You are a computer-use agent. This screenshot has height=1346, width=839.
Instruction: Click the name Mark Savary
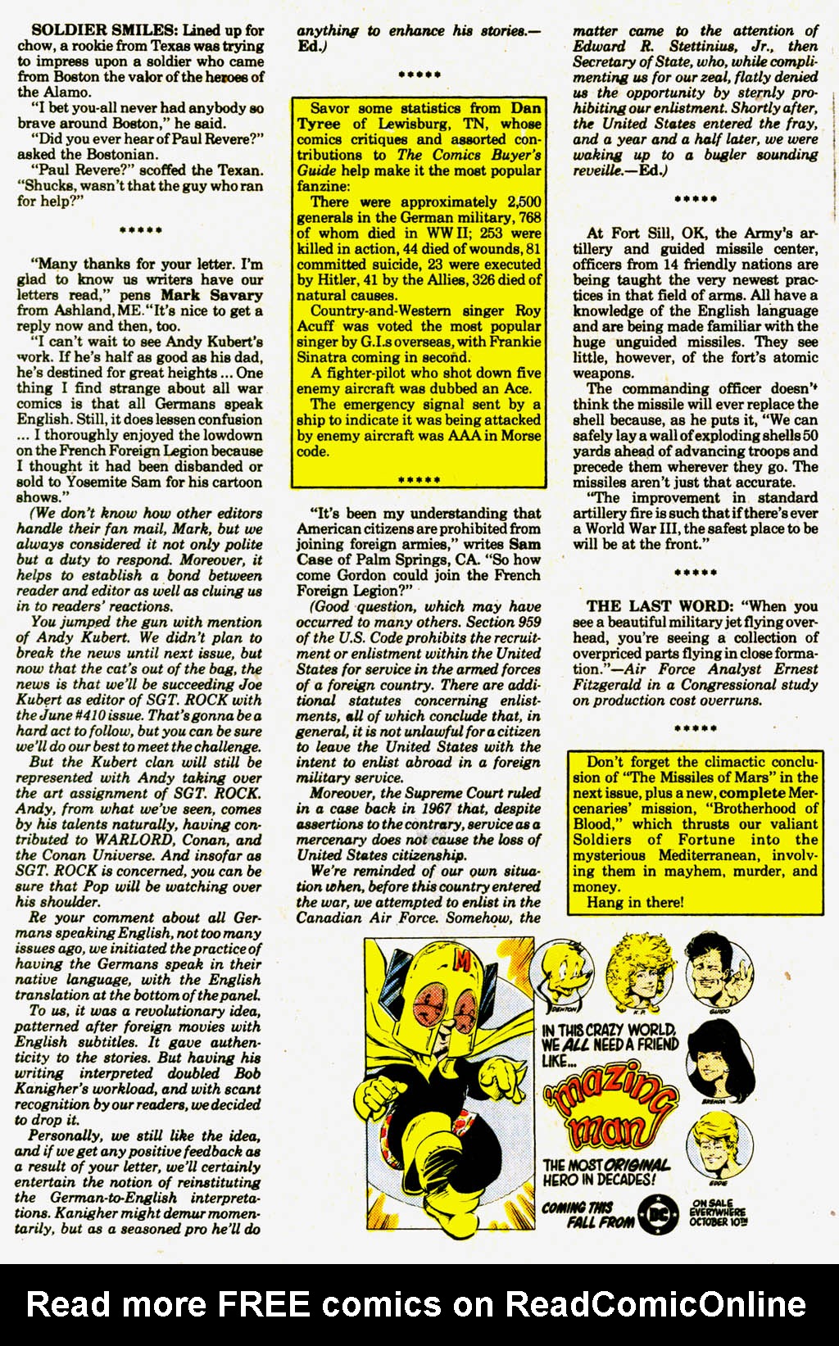[x=211, y=295]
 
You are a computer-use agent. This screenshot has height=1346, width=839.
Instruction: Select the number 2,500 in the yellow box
[x=524, y=202]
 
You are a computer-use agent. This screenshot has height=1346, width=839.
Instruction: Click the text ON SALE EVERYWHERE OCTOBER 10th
[x=719, y=1212]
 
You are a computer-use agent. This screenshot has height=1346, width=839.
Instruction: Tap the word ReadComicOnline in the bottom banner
[x=655, y=1303]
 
